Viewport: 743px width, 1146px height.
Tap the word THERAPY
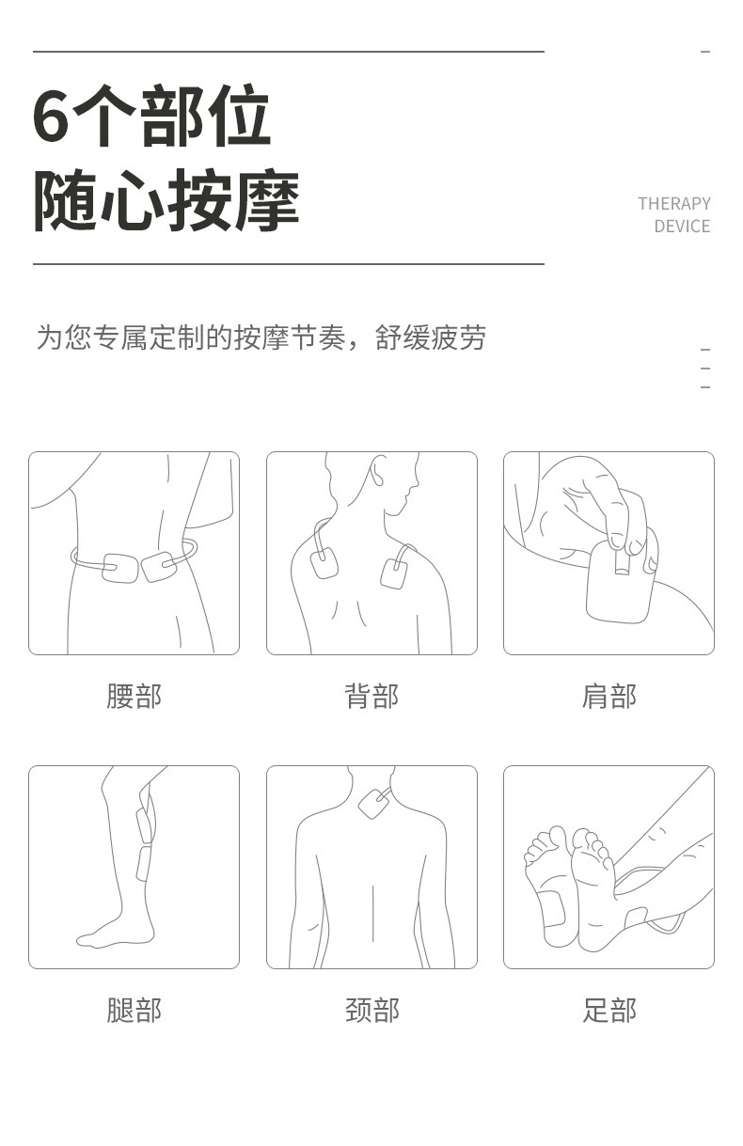tap(673, 204)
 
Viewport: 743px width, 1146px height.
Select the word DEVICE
tap(682, 227)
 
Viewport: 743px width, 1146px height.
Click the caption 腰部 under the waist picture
tap(134, 697)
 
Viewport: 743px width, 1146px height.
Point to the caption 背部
tap(371, 697)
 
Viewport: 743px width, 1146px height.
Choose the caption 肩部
tap(609, 697)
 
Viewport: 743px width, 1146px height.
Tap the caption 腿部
tap(134, 1011)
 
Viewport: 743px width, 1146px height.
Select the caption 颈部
tap(371, 1011)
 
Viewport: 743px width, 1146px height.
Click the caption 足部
tap(609, 1011)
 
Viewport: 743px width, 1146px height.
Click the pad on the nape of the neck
tap(372, 803)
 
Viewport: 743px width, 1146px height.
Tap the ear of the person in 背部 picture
tap(379, 472)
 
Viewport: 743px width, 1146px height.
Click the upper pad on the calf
tap(144, 824)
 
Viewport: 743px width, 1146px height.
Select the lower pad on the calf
tap(143, 862)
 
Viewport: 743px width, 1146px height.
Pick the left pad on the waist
tap(120, 568)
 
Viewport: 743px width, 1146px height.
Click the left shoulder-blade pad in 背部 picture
tap(324, 564)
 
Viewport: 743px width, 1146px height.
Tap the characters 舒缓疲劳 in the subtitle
tap(431, 338)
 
